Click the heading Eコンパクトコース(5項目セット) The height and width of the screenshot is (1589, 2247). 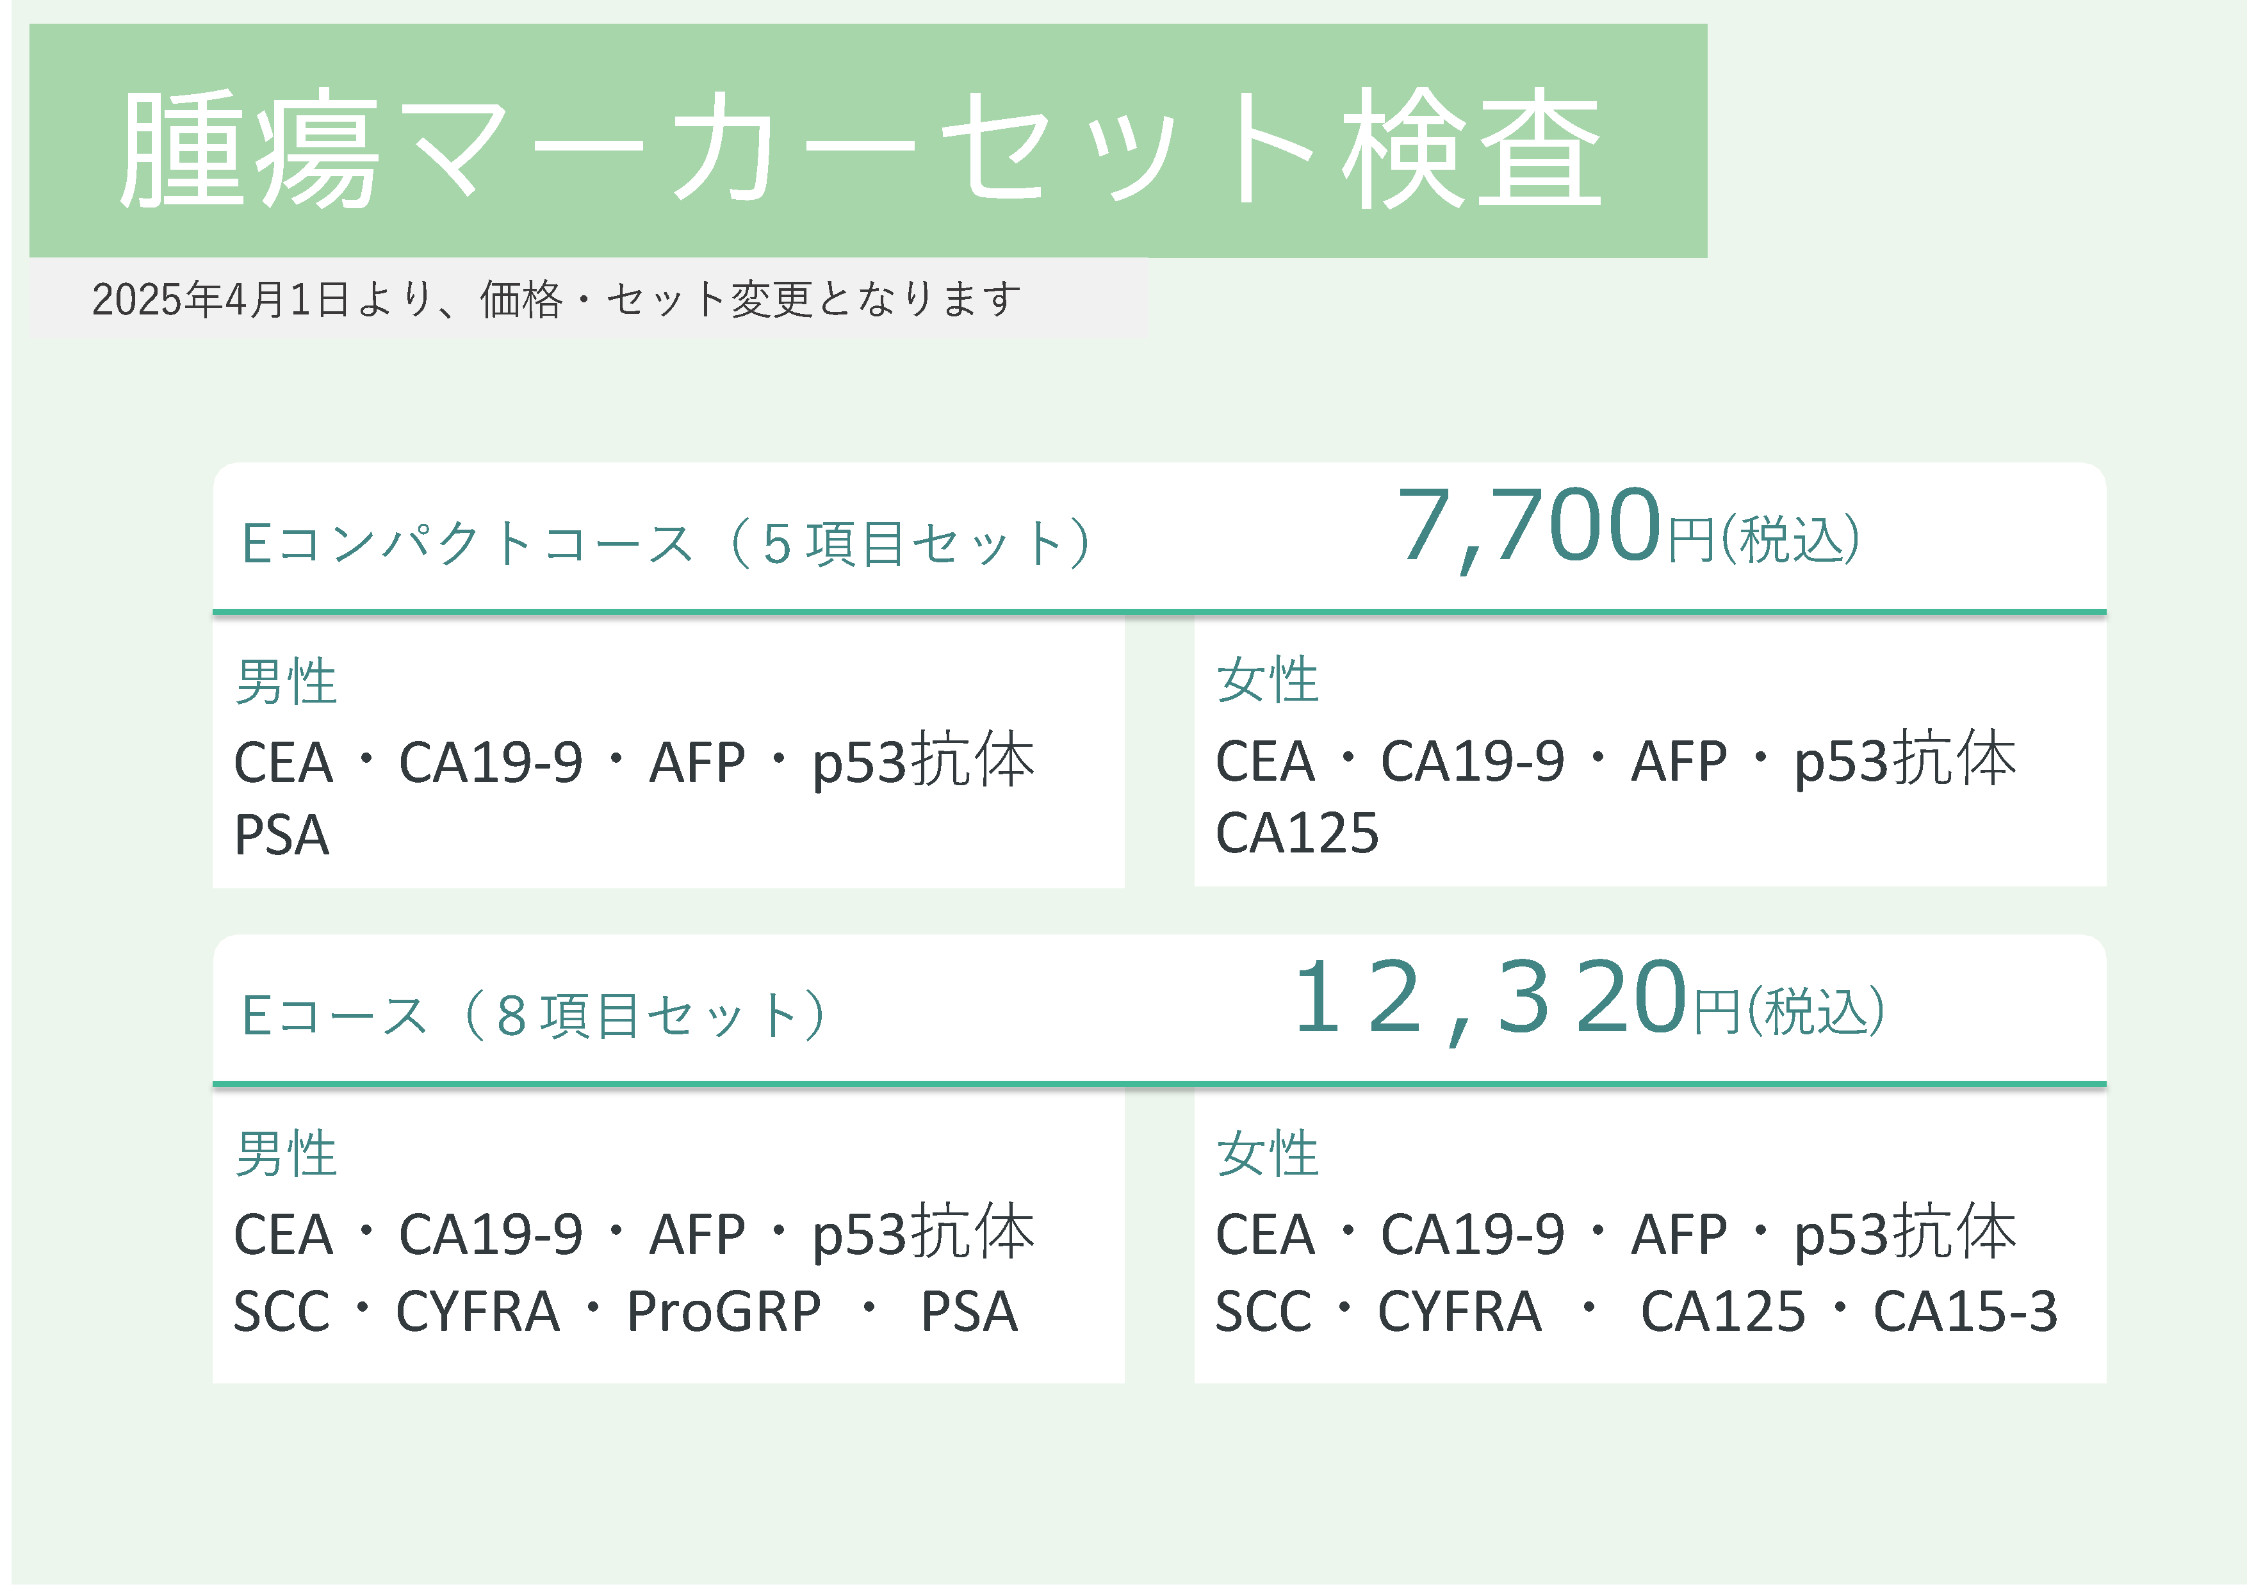[x=666, y=543]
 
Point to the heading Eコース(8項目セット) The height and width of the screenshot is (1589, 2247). [x=534, y=1016]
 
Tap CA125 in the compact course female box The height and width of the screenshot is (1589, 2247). [x=1296, y=834]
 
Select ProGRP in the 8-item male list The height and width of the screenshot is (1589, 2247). [x=723, y=1313]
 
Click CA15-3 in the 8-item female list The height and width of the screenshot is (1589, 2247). [x=1965, y=1312]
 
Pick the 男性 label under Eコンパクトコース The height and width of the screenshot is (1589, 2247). [x=286, y=682]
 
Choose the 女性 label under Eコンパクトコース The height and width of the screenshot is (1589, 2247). [x=1268, y=680]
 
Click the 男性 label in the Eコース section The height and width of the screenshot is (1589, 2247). [x=286, y=1155]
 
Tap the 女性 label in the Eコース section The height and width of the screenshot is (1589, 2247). [x=1268, y=1155]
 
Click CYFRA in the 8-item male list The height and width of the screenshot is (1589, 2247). [x=478, y=1312]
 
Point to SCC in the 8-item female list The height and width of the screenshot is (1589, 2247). [x=1263, y=1312]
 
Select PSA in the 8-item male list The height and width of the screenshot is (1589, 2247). [x=969, y=1312]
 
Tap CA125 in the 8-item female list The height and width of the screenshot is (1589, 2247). [x=1722, y=1312]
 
